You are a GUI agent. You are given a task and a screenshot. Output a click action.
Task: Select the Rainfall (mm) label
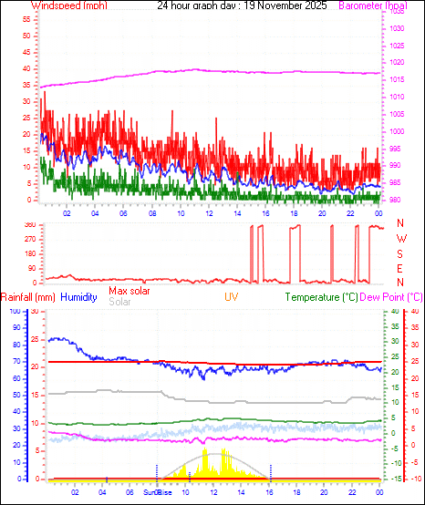click(28, 297)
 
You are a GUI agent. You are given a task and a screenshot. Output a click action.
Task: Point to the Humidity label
click(79, 297)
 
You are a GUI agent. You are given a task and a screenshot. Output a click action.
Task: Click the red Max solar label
click(130, 291)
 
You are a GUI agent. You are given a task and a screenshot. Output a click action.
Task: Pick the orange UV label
click(232, 297)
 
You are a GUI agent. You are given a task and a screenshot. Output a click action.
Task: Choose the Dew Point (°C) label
click(391, 297)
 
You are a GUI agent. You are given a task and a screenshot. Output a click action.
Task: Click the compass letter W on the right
click(400, 239)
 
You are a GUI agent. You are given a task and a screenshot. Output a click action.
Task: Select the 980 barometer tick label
click(395, 200)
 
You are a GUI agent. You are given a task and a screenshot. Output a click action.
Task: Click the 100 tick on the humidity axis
click(13, 311)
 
